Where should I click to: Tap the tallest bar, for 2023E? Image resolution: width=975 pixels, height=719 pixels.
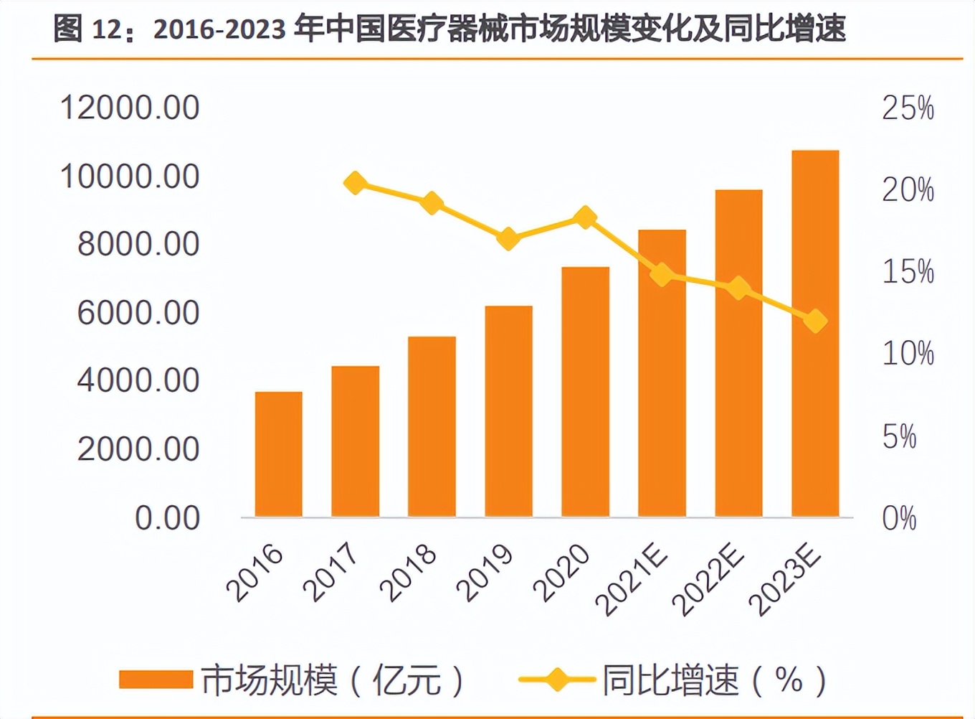click(815, 334)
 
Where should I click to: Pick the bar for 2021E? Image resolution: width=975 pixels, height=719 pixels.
click(662, 373)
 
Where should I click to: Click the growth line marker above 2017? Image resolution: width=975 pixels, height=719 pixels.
click(355, 183)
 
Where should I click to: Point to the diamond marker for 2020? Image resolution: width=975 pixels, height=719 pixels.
click(586, 217)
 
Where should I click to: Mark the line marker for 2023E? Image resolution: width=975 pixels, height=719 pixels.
click(815, 321)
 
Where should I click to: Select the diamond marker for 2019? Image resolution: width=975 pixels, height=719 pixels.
click(508, 238)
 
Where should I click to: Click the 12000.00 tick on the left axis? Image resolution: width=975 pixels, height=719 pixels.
click(130, 108)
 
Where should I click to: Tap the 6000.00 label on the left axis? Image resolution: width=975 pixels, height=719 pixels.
click(138, 313)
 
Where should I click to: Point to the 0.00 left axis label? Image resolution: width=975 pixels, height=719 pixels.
click(167, 518)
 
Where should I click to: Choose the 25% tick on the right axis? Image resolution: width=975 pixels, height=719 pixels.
click(908, 108)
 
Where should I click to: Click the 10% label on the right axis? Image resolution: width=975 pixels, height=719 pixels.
click(908, 354)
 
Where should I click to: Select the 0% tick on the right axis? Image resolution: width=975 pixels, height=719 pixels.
click(899, 518)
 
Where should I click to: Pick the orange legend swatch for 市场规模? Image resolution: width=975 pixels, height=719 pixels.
click(156, 680)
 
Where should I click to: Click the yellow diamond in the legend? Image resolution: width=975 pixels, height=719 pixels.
click(557, 680)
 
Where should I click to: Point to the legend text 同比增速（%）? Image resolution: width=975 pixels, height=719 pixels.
click(714, 680)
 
